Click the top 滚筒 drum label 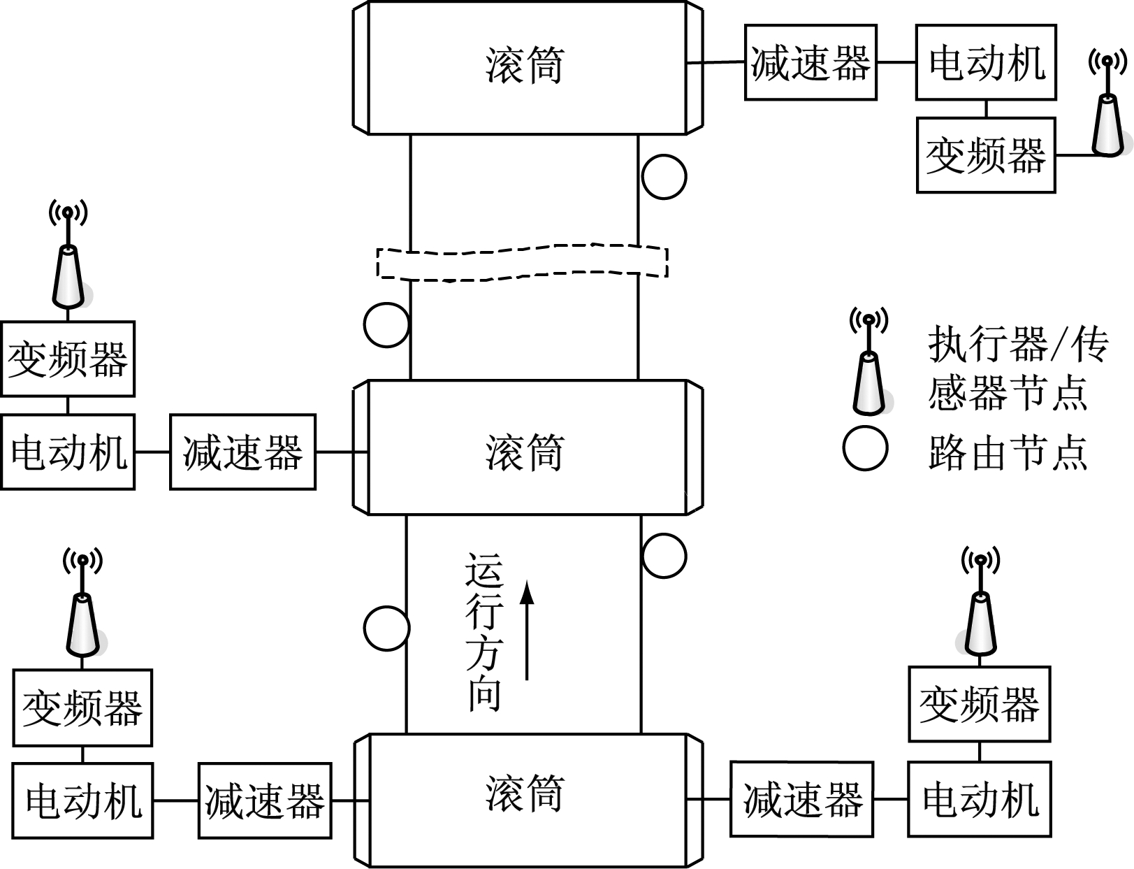click(524, 66)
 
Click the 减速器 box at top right click(810, 62)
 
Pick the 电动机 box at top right click(986, 62)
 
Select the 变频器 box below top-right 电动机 click(985, 155)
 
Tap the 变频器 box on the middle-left click(67, 359)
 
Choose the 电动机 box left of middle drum click(67, 452)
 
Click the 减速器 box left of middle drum click(242, 452)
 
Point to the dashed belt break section click(523, 262)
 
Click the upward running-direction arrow click(528, 629)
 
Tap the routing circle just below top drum click(664, 177)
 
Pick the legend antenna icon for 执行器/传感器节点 click(868, 371)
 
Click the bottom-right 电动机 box click(980, 799)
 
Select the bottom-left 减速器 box click(265, 800)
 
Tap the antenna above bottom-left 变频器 click(82, 615)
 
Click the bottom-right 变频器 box click(979, 704)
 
